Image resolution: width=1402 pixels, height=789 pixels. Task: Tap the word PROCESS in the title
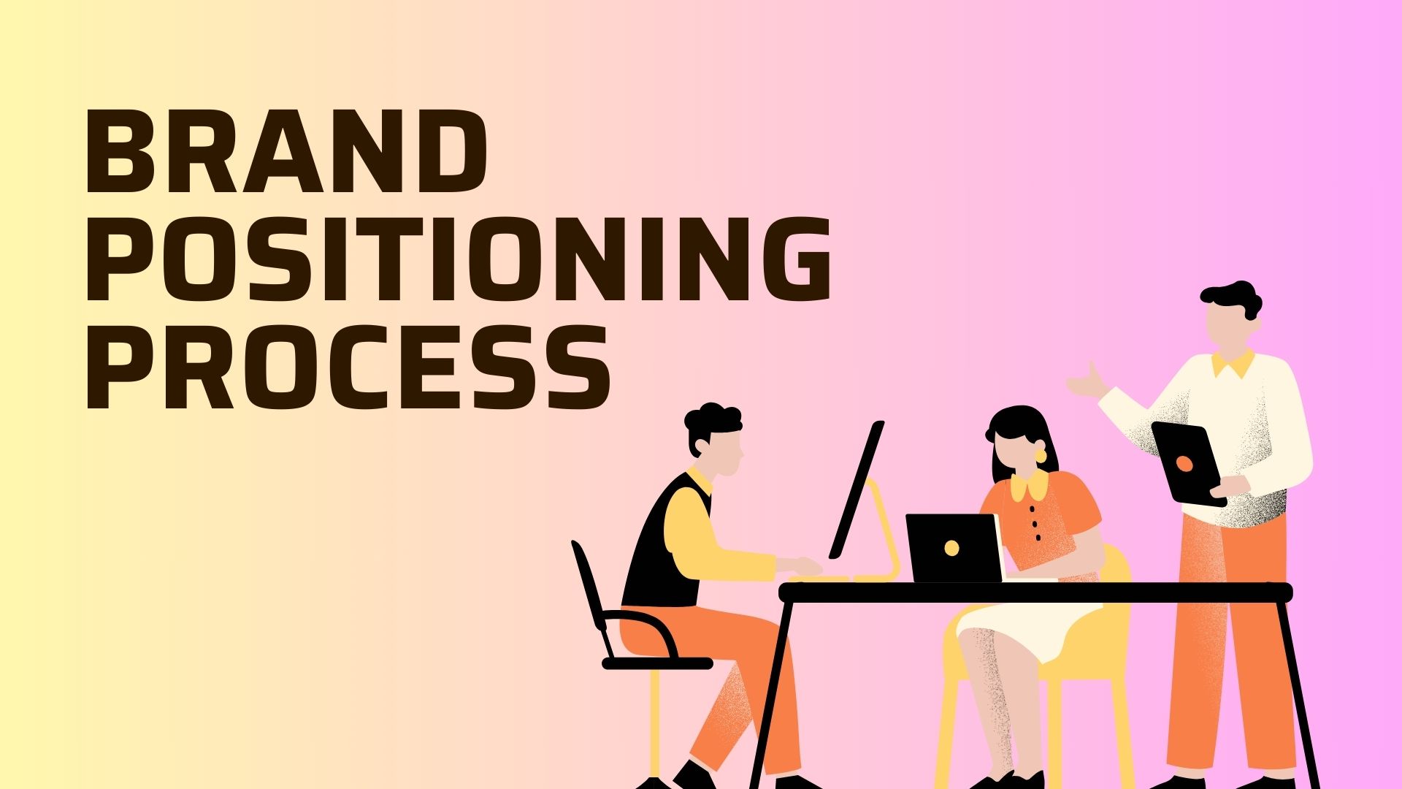pos(348,367)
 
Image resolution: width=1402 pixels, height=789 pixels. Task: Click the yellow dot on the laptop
pos(951,548)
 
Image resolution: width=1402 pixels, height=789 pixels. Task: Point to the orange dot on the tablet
pos(1184,462)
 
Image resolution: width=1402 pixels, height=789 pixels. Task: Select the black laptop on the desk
pos(954,548)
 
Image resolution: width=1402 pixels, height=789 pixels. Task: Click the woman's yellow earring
pos(1040,456)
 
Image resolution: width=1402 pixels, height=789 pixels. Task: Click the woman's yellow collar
pos(1029,486)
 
